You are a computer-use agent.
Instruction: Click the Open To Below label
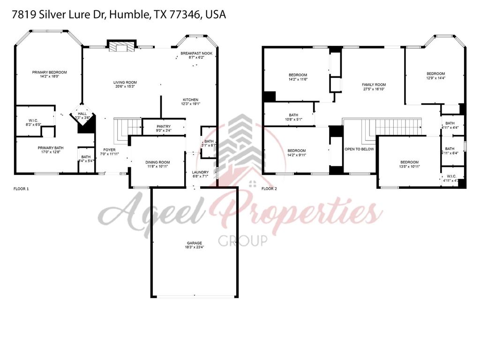pyautogui.click(x=360, y=149)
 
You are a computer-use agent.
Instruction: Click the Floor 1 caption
pyautogui.click(x=21, y=189)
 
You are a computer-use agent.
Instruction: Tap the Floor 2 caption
pyautogui.click(x=269, y=189)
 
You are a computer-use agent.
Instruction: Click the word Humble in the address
pyautogui.click(x=130, y=15)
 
